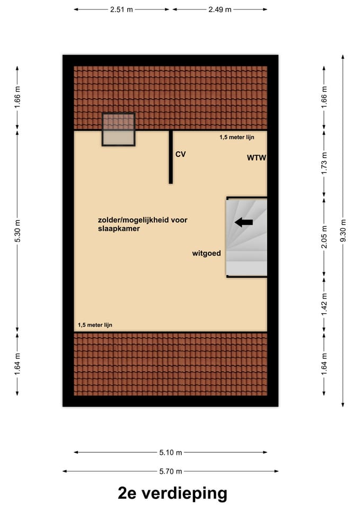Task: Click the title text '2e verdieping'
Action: [x=172, y=493]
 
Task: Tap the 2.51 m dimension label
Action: [x=122, y=10]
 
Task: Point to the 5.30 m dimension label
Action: [x=17, y=231]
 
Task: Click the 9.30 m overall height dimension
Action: [x=343, y=231]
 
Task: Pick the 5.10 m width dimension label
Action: [x=171, y=452]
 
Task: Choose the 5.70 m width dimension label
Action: [x=171, y=471]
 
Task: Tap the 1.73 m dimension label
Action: [x=324, y=163]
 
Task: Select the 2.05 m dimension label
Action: [x=324, y=236]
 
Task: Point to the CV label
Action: [x=181, y=154]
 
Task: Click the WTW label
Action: [x=256, y=157]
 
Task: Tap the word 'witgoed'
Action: [x=206, y=253]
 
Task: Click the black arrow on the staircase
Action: [x=244, y=222]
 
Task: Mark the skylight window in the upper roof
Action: [x=118, y=129]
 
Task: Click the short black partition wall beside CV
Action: [x=171, y=157]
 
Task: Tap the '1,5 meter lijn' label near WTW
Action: [x=237, y=137]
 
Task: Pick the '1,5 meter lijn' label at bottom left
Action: [x=95, y=325]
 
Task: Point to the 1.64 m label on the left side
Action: [x=17, y=364]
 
